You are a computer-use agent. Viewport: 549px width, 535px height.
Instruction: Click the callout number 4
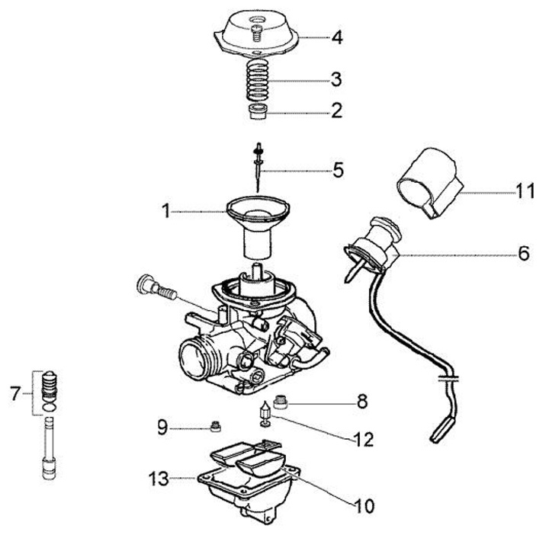tap(337, 37)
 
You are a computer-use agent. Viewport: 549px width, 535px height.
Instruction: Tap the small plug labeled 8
tap(281, 401)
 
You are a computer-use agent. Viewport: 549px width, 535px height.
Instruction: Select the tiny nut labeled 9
tap(216, 426)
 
